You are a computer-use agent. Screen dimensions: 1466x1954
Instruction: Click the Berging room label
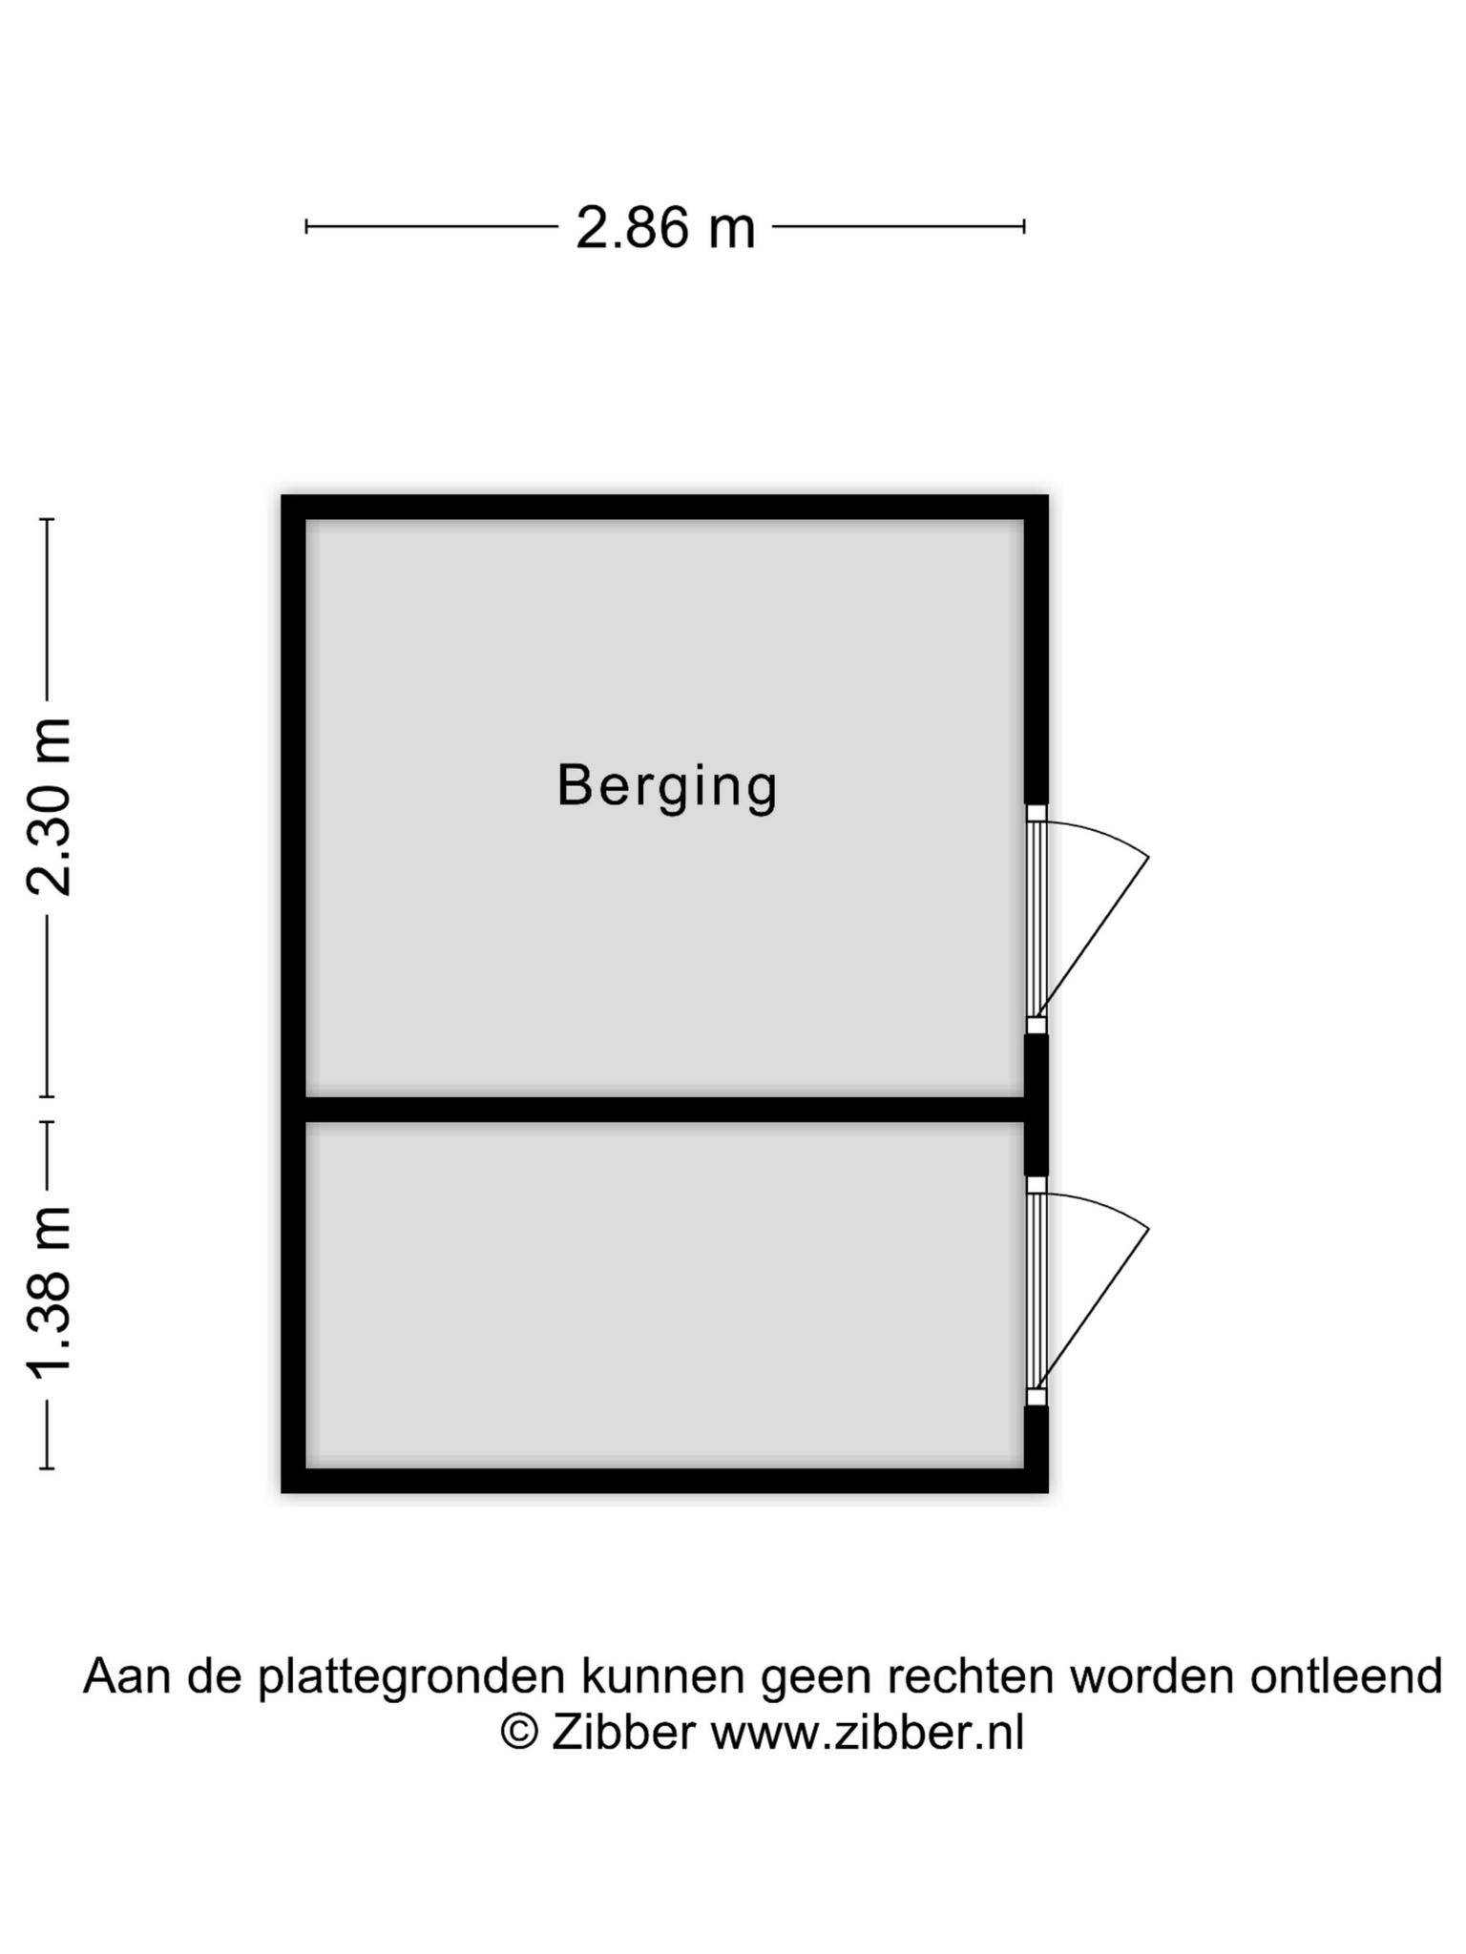(x=667, y=787)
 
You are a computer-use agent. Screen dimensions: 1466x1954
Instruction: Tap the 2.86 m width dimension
(x=665, y=229)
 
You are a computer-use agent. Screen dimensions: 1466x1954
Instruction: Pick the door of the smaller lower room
(x=1088, y=1292)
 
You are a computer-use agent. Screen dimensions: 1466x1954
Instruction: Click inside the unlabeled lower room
(x=665, y=1295)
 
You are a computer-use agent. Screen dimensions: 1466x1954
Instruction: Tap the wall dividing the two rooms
(x=665, y=1110)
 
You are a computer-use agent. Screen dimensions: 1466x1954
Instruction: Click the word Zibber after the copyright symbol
(x=623, y=1732)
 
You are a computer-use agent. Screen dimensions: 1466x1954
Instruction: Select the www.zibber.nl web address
(x=868, y=1732)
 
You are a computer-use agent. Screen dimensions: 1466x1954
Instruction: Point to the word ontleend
(x=1346, y=1675)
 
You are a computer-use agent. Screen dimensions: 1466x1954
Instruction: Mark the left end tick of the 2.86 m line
(x=306, y=226)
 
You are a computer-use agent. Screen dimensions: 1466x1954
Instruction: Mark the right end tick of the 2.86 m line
(x=1024, y=226)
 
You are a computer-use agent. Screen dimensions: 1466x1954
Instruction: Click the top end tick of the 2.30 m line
(x=47, y=520)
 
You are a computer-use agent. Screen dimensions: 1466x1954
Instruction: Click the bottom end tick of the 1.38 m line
(x=47, y=1467)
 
